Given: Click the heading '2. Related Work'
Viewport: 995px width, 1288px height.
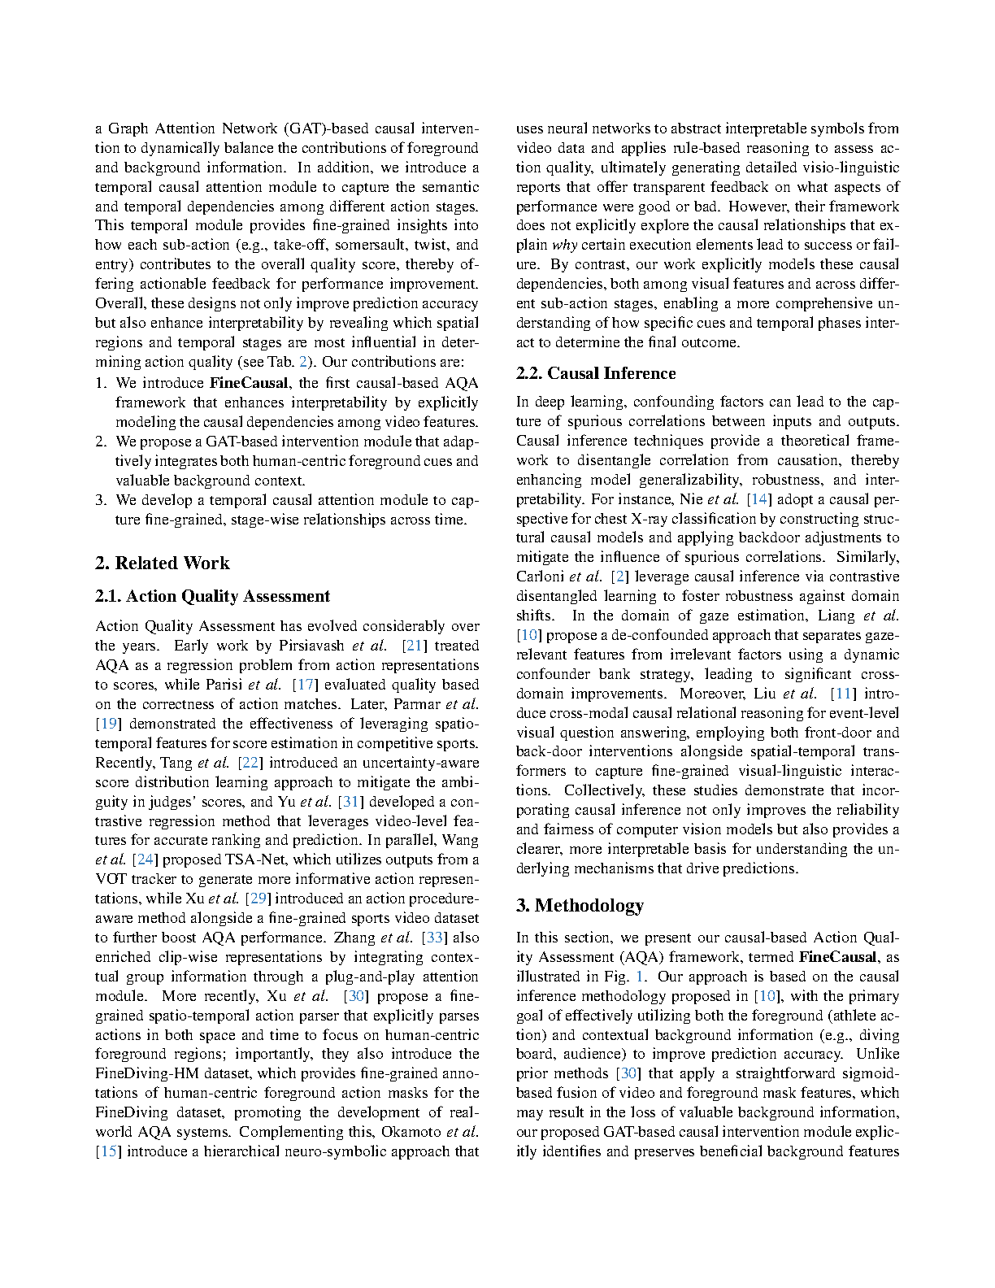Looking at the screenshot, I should point(163,563).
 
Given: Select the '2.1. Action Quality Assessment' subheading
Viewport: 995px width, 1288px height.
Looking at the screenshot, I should point(212,597).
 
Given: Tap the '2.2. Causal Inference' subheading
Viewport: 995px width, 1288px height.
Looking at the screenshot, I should point(596,374).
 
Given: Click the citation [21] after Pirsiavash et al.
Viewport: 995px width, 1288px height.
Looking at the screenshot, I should point(415,646).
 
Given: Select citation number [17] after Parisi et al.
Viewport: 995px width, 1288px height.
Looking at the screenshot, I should point(305,685).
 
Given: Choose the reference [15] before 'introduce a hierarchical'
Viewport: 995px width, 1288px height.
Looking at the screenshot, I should point(108,1151).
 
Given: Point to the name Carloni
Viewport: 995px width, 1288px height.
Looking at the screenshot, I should point(540,577).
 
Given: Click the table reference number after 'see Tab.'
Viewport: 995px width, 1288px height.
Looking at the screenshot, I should point(303,362).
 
